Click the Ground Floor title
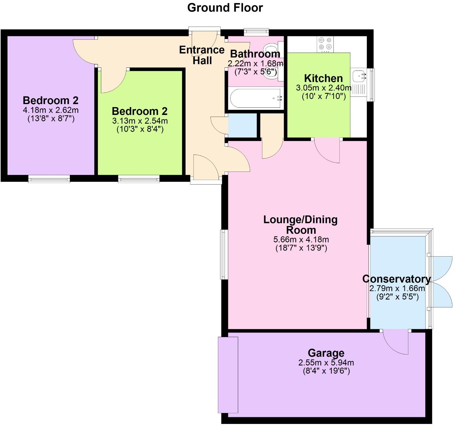(225, 8)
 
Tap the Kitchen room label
(323, 78)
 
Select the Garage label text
(326, 353)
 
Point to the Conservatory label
(396, 279)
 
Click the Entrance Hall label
(202, 55)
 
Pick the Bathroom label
(255, 54)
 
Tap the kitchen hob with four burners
(325, 44)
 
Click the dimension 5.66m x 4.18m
(301, 240)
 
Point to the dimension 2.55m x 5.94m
(326, 362)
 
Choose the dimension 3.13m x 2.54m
(140, 121)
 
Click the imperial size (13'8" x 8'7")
(51, 119)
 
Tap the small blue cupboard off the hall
(242, 125)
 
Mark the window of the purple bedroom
(49, 179)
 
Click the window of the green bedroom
(139, 179)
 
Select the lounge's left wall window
(224, 254)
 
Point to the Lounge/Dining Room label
(300, 224)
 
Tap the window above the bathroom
(256, 31)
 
